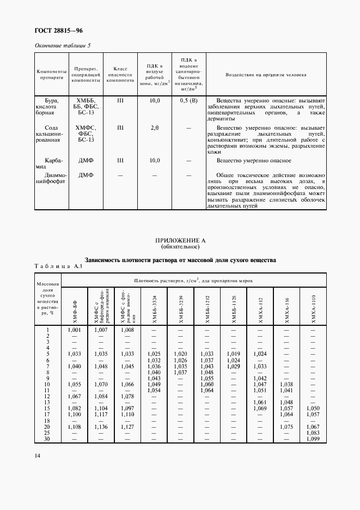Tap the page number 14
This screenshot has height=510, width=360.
click(37, 456)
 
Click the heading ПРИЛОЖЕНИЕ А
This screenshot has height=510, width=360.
click(180, 240)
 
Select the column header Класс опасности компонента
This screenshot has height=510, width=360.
click(120, 75)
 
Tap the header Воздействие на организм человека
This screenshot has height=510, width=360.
click(266, 75)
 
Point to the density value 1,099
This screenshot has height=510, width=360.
click(313, 439)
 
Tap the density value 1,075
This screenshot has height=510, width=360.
click(286, 427)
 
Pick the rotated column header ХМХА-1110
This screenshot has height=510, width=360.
click(313, 308)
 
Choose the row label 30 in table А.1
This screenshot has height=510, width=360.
click(47, 439)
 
